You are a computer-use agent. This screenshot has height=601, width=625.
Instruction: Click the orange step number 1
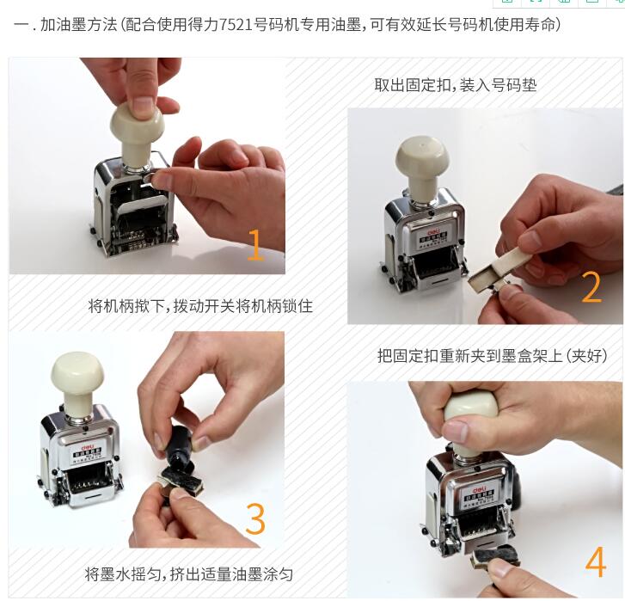255,245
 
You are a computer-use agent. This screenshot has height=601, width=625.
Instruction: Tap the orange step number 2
591,286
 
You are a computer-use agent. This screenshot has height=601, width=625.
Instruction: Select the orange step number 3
255,518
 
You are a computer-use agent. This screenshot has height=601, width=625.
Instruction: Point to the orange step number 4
596,561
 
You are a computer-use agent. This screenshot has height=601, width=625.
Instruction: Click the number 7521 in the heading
236,25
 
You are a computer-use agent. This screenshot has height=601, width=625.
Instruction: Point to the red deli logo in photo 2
433,232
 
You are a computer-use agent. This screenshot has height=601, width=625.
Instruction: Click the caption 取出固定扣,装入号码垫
455,85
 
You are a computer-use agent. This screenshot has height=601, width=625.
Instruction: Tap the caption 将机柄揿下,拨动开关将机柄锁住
200,306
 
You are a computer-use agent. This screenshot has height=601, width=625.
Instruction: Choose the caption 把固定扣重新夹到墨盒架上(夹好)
493,355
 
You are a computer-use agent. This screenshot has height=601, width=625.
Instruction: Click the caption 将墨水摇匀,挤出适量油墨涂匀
189,574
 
